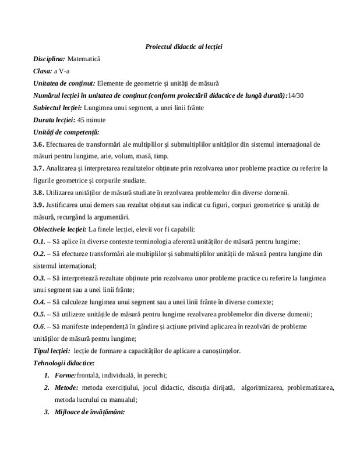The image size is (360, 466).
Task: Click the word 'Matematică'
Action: pyautogui.click(x=84, y=59)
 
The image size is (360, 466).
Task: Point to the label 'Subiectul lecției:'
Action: pyautogui.click(x=57, y=108)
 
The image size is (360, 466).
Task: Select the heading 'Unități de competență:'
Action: pyautogui.click(x=66, y=132)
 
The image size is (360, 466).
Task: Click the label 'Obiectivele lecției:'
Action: pyautogui.click(x=60, y=229)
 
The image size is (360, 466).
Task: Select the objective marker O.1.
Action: pyautogui.click(x=38, y=241)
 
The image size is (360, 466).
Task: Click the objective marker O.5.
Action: pyautogui.click(x=38, y=315)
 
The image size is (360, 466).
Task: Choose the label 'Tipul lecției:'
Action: pyautogui.click(x=52, y=351)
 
